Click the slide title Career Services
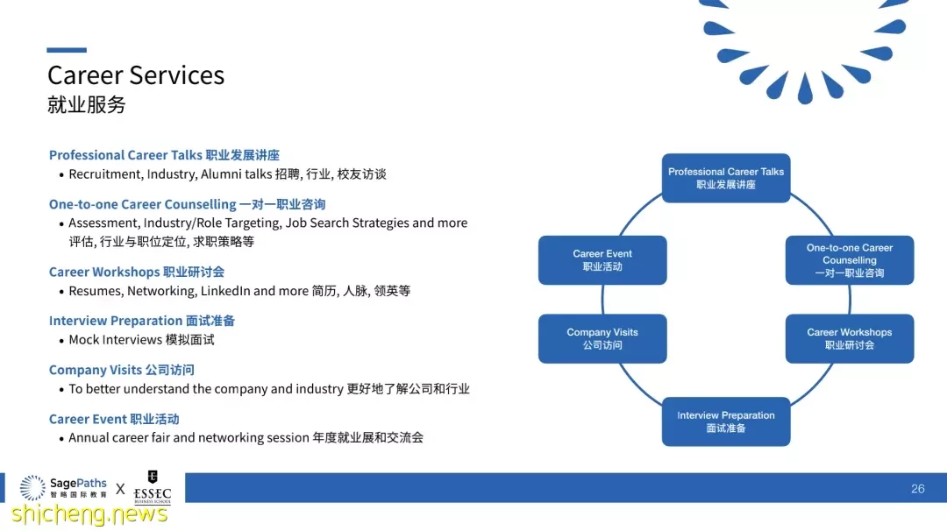[136, 75]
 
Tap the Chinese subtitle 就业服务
[86, 104]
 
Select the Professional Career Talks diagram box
[726, 178]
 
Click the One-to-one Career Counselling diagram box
[849, 260]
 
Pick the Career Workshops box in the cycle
[849, 338]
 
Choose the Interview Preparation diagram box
[726, 421]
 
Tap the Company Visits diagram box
[602, 338]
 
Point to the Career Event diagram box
[602, 260]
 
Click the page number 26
[917, 489]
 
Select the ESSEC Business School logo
[153, 487]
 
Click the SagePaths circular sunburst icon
[32, 487]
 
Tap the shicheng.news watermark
[89, 514]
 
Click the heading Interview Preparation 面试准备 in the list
[142, 321]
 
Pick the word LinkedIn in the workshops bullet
[225, 291]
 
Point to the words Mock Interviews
[116, 340]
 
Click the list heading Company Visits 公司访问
[121, 370]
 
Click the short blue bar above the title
[67, 50]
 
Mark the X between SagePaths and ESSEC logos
[120, 489]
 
